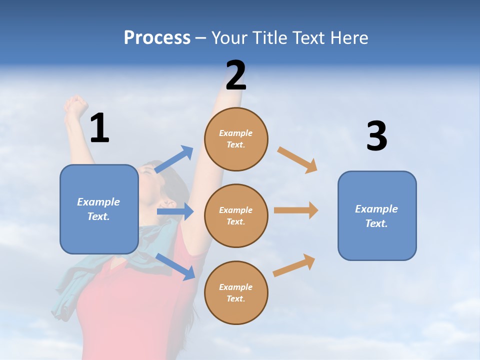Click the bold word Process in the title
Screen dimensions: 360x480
click(157, 38)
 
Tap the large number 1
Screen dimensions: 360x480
click(99, 128)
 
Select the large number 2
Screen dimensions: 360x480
click(236, 76)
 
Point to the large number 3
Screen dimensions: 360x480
click(377, 136)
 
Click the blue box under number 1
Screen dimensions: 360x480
click(99, 209)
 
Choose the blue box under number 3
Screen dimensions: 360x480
click(377, 215)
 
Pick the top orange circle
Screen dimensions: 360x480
click(236, 139)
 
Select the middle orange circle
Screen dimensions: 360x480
click(236, 215)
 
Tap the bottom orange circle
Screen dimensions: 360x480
click(236, 292)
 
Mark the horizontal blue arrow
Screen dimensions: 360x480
click(175, 211)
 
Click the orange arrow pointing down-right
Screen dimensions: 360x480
click(297, 159)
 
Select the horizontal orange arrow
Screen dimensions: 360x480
click(296, 210)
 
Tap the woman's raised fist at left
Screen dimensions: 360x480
click(75, 105)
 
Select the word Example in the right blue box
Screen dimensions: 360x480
click(376, 209)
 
